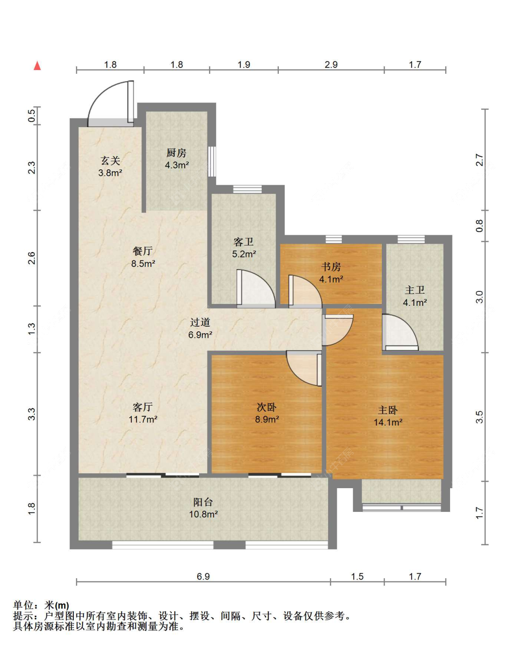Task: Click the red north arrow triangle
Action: tap(37, 66)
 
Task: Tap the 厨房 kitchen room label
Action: tap(176, 153)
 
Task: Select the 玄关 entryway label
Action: tap(110, 160)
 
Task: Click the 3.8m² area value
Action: tap(110, 173)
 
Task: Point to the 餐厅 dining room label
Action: tap(143, 251)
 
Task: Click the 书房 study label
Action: tap(331, 267)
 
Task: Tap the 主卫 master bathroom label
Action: tap(415, 290)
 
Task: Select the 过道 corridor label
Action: tap(200, 322)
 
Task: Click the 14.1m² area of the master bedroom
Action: tap(388, 422)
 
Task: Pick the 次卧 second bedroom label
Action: tap(267, 407)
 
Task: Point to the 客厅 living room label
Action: tap(143, 407)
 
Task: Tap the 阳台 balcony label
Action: tap(203, 502)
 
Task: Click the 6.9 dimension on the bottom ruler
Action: tap(203, 576)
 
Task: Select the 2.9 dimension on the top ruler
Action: tap(331, 65)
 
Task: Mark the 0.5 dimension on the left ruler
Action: tap(32, 116)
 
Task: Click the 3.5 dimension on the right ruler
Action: tap(479, 417)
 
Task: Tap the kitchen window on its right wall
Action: tap(212, 161)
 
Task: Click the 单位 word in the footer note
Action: tap(23, 605)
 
